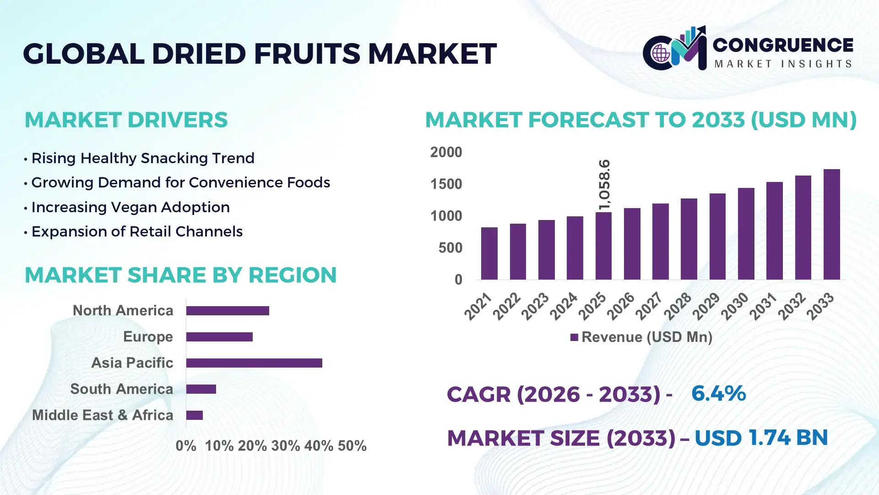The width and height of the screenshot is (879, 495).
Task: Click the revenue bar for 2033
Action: (831, 225)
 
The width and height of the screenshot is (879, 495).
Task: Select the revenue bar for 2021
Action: (489, 253)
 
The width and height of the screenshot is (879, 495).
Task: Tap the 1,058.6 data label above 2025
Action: (604, 185)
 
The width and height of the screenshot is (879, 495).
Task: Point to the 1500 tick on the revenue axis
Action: (446, 184)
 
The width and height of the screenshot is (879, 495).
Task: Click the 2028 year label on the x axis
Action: (678, 306)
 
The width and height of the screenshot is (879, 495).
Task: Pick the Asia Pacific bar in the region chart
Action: (254, 363)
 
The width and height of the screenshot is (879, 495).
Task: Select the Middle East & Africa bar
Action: (195, 415)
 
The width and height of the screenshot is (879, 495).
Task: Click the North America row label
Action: (123, 311)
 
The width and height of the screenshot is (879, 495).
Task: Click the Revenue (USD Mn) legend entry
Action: (641, 337)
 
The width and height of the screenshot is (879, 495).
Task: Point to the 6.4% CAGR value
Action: (718, 394)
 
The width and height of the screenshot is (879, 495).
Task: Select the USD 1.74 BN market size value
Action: (761, 438)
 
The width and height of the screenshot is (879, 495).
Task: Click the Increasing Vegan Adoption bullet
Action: (130, 207)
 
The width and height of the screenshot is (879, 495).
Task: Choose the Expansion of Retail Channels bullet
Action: (136, 231)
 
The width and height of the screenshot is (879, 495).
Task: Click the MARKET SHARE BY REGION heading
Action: (180, 275)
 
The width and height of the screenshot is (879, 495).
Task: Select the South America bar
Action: (201, 389)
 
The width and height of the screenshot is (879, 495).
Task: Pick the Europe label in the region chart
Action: (148, 337)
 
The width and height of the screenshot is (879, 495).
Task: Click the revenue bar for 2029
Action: (717, 236)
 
